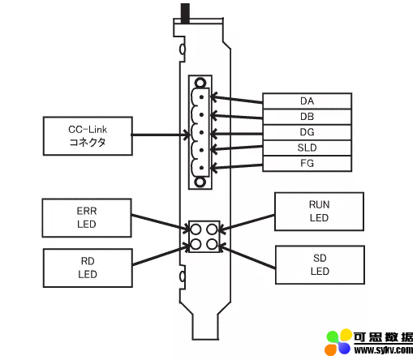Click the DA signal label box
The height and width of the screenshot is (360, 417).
pos(307,101)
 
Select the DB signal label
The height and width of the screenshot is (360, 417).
pos(307,117)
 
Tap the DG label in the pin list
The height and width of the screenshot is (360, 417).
pos(307,132)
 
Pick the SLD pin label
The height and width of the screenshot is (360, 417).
pos(307,148)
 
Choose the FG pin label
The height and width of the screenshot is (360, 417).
pos(307,163)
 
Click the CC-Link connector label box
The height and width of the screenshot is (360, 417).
pos(88,136)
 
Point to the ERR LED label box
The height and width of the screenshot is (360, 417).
pos(87,218)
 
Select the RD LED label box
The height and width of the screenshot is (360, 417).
pos(88,268)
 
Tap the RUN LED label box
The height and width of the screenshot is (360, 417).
pos(319,212)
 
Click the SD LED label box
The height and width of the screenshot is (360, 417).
pos(320,265)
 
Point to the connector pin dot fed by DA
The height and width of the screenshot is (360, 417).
pos(201,97)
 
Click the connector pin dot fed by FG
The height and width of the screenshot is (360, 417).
pos(201,168)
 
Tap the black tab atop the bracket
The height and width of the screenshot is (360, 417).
pos(185,14)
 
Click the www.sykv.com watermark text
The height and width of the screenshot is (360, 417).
pos(384,350)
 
